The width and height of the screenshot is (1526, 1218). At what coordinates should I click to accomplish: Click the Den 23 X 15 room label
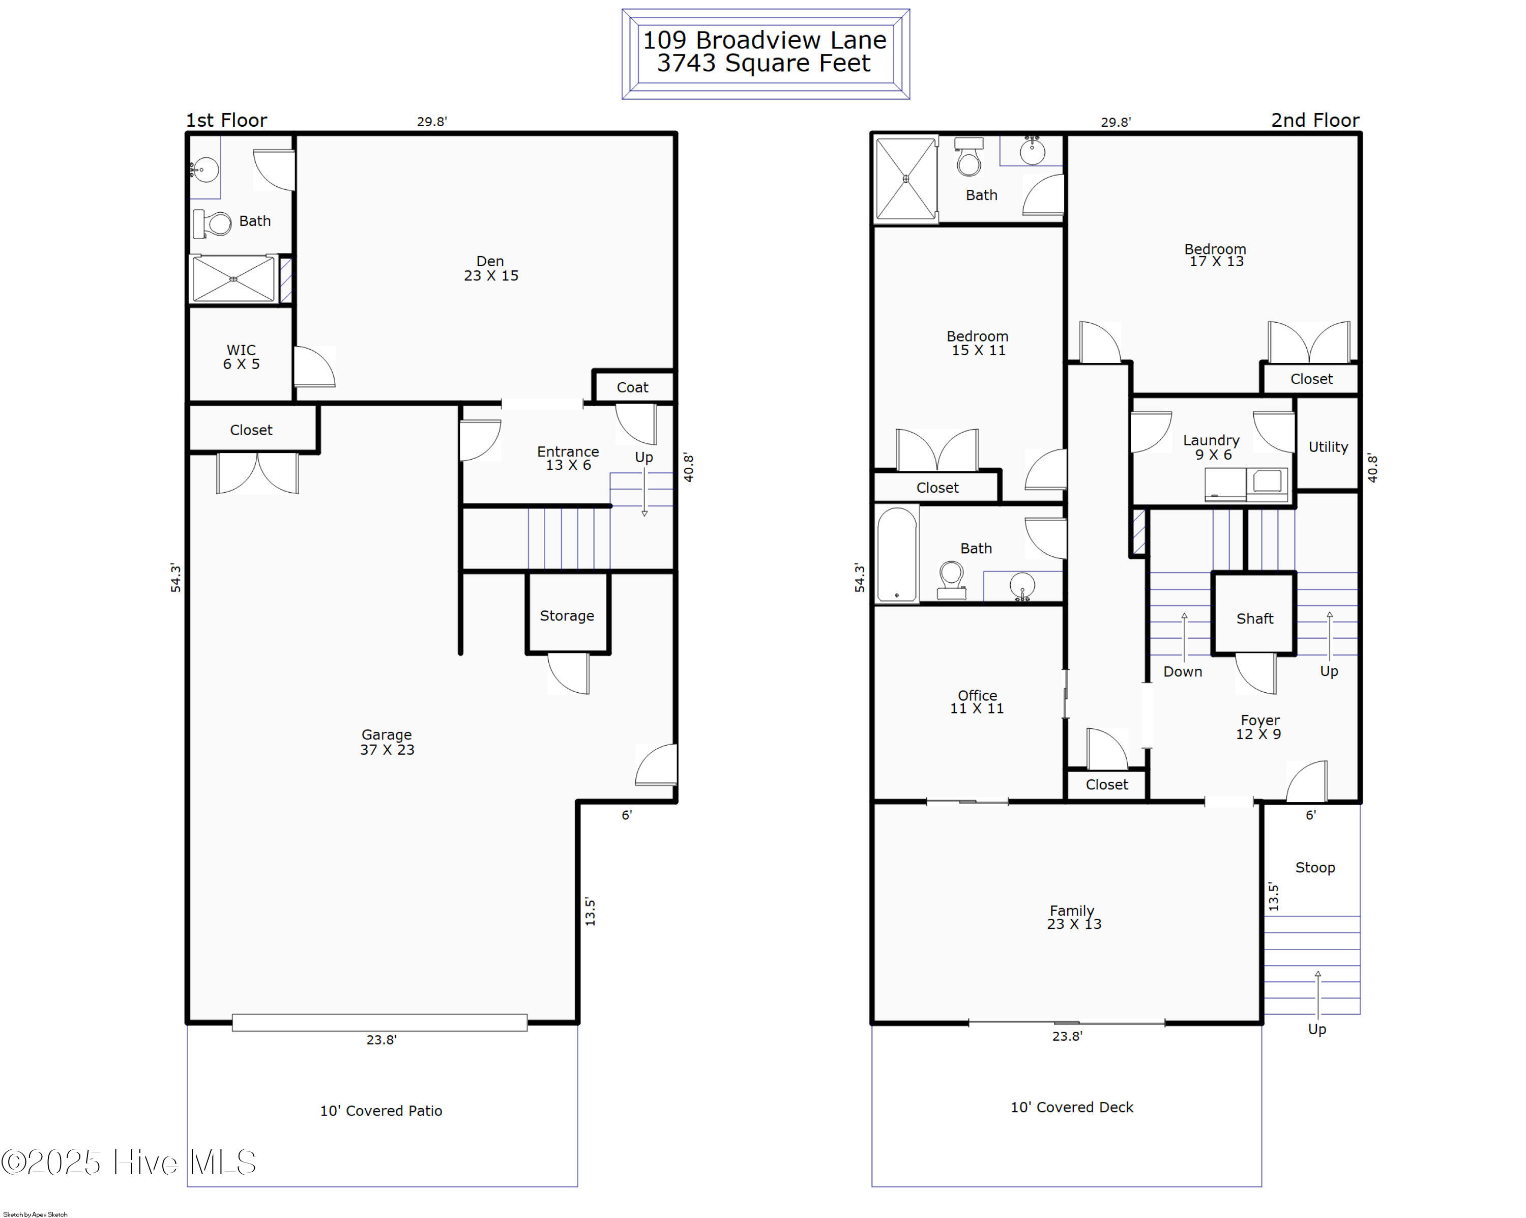pos(490,268)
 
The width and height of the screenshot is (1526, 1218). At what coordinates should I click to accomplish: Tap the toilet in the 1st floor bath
pos(212,224)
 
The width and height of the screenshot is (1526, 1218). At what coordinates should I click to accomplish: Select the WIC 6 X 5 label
pos(241,357)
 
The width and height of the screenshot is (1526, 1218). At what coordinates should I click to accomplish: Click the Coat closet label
pos(632,387)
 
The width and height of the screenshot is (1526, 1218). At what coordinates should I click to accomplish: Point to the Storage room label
pos(567,616)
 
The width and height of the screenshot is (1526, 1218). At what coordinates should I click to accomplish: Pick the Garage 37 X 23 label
pos(387,742)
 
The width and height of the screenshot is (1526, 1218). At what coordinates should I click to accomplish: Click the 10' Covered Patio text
pos(381,1111)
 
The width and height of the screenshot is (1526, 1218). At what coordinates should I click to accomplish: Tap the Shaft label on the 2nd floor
pos(1255,619)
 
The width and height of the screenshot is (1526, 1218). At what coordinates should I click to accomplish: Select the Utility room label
pos(1328,447)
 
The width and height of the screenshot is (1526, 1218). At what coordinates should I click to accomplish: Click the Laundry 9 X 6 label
pos(1211,447)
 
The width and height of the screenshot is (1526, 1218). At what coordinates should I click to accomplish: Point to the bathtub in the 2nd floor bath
pos(897,554)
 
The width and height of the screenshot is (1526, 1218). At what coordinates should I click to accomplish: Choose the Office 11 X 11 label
pos(977,702)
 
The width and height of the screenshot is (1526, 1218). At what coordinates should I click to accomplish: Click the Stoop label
pos(1315,867)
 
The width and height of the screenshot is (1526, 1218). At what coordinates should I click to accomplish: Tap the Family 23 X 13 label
pos(1074,917)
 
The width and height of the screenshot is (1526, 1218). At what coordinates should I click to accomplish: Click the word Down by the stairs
pos(1183,671)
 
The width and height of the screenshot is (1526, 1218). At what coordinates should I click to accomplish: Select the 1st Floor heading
pos(226,121)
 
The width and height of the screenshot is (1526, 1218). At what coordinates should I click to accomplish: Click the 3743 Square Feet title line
pos(764,63)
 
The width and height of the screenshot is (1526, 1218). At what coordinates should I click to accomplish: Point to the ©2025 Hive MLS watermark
pos(129,1162)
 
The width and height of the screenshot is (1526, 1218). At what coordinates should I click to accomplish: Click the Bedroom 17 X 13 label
pos(1215,255)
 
